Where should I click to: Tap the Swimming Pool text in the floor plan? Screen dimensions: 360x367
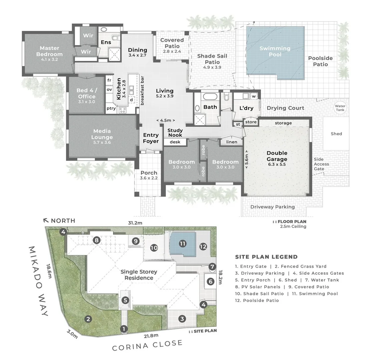[275, 51]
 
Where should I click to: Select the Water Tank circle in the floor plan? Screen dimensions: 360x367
[340, 108]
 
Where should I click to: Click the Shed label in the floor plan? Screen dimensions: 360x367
[336, 134]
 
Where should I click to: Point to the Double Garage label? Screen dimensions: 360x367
[277, 156]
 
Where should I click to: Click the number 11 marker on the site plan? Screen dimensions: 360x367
[182, 244]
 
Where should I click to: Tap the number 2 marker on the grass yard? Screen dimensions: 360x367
[88, 319]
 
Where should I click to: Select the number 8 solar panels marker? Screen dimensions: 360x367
[96, 240]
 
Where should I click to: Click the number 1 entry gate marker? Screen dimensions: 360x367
[124, 329]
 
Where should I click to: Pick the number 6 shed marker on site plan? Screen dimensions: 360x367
[210, 282]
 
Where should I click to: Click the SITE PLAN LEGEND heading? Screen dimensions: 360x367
[266, 257]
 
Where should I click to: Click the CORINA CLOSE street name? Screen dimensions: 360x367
[147, 345]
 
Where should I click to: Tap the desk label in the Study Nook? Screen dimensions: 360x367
[175, 142]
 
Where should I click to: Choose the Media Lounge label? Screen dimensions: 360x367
[102, 134]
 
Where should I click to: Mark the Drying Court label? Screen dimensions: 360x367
[285, 108]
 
